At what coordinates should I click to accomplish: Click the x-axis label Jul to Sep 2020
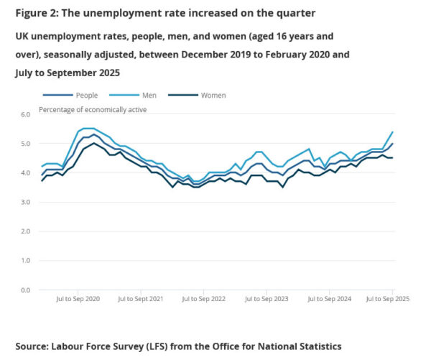[78, 298]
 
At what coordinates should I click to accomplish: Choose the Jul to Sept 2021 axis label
[141, 298]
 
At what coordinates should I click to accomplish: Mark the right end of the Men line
[392, 131]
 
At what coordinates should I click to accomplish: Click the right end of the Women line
[392, 158]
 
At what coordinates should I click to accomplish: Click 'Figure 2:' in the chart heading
[39, 13]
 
